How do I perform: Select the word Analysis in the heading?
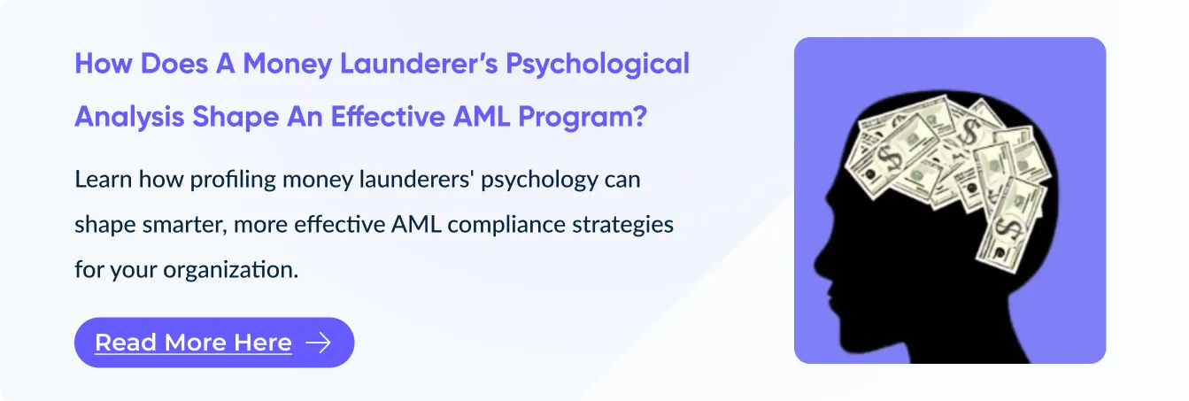click(129, 117)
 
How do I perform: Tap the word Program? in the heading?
click(583, 117)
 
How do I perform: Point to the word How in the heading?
click(104, 64)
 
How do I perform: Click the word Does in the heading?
click(174, 64)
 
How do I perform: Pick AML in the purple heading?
click(482, 117)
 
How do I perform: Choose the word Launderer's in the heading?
click(419, 64)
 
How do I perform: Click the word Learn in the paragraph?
click(103, 180)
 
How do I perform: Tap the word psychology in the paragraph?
click(539, 181)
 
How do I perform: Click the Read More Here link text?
click(193, 343)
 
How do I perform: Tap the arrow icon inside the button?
click(319, 343)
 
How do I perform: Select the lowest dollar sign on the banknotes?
click(1008, 229)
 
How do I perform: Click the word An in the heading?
click(305, 117)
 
